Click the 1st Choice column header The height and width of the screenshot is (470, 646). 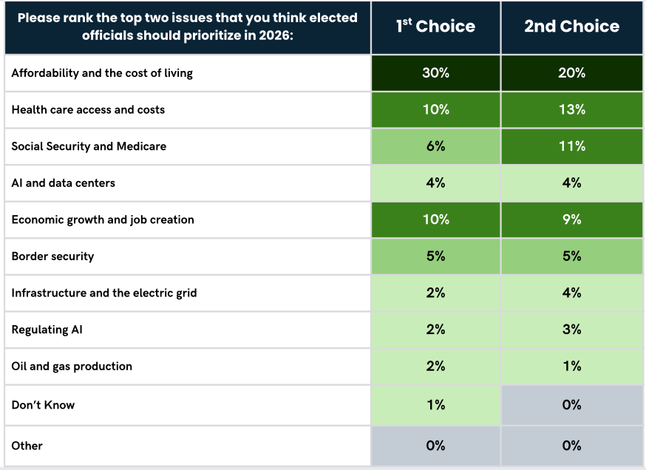[435, 26]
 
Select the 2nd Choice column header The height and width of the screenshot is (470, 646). [572, 26]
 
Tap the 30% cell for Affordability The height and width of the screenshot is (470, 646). [435, 73]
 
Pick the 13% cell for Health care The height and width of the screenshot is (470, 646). [572, 109]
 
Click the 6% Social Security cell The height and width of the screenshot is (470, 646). [435, 146]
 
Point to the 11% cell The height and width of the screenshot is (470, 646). [572, 146]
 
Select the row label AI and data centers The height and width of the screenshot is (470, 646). [64, 183]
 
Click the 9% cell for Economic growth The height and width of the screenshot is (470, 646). [572, 219]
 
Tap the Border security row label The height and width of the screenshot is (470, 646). [52, 256]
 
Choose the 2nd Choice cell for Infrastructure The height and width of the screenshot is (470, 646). [572, 293]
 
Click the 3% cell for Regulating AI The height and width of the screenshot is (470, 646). [572, 330]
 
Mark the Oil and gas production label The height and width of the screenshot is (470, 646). [72, 367]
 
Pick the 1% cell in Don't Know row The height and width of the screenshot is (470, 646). [435, 405]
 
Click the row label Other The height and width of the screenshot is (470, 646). [27, 446]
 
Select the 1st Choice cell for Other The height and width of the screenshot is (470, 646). [435, 446]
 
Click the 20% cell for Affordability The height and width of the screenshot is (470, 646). [572, 73]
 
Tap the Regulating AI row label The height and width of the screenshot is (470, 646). [47, 330]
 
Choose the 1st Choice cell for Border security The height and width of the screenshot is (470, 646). [435, 256]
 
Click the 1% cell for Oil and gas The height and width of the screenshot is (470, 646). [572, 367]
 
